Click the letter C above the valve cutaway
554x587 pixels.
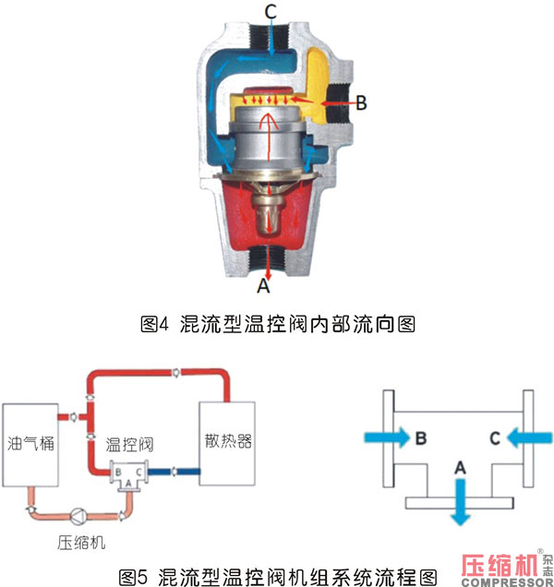coord(271,11)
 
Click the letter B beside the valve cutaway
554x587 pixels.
coord(361,102)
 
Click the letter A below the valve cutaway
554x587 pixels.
coord(264,285)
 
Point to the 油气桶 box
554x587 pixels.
coord(30,445)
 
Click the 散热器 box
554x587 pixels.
coord(227,444)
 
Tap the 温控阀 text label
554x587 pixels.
coord(129,444)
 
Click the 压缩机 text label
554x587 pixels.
coord(81,543)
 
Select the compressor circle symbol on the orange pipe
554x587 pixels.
coord(78,517)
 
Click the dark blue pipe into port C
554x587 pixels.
coord(174,472)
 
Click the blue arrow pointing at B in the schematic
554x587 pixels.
coord(388,437)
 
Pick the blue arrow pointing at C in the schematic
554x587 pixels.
coord(529,437)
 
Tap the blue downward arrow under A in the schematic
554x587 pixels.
coord(461,502)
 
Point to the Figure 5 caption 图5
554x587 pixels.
coord(133,578)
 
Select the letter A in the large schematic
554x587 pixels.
coord(460,468)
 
